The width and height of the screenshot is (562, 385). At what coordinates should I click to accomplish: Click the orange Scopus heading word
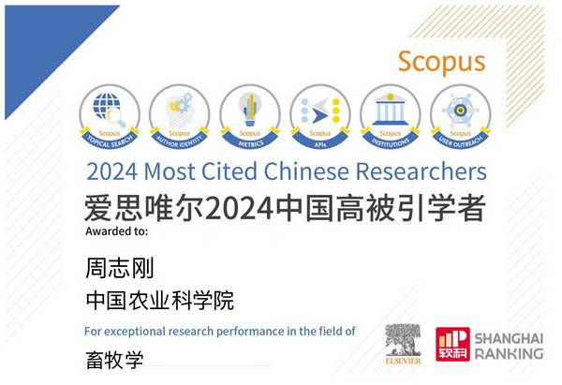441,61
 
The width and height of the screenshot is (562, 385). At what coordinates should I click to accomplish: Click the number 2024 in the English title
111,172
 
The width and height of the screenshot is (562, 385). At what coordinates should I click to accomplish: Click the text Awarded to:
115,230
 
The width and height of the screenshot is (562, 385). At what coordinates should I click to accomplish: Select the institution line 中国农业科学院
158,301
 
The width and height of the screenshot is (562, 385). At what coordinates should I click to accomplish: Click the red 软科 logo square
453,344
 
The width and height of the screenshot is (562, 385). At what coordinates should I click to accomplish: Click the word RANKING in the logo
510,353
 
